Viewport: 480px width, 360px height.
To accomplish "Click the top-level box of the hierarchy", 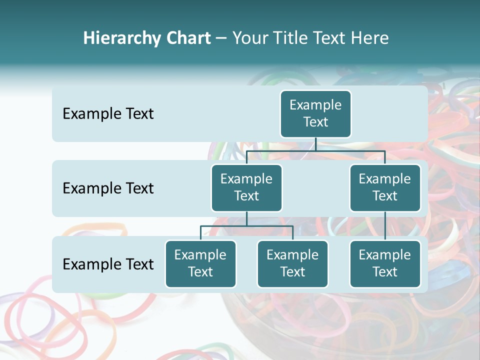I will [315, 113].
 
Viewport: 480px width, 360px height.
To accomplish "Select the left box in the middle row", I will [246, 187].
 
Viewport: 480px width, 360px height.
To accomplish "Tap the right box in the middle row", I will [385, 187].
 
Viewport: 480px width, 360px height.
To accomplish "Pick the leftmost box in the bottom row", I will [200, 263].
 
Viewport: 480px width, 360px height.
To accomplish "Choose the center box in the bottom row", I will [292, 263].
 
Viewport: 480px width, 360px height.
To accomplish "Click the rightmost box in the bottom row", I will [385, 263].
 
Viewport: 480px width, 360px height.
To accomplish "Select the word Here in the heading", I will [370, 38].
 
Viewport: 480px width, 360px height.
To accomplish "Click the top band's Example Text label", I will [108, 114].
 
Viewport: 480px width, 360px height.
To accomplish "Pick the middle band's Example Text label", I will [108, 188].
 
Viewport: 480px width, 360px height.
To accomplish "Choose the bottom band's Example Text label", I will [108, 264].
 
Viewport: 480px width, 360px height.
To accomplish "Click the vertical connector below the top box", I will [315, 144].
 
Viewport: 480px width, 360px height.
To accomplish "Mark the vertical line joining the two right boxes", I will [385, 226].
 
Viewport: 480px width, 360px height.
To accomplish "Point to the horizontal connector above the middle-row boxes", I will [315, 150].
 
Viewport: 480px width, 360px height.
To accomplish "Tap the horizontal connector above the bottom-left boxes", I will [246, 226].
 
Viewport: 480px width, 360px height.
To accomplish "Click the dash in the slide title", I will [221, 38].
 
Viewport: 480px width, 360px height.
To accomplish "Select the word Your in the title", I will [249, 38].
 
